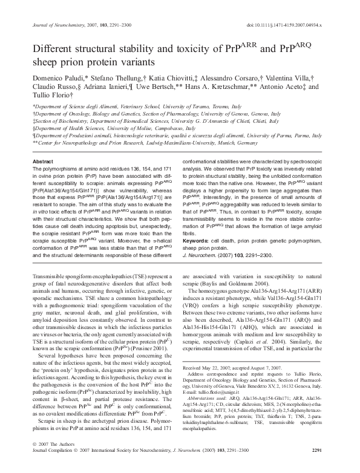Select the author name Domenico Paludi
coord(59,80)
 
